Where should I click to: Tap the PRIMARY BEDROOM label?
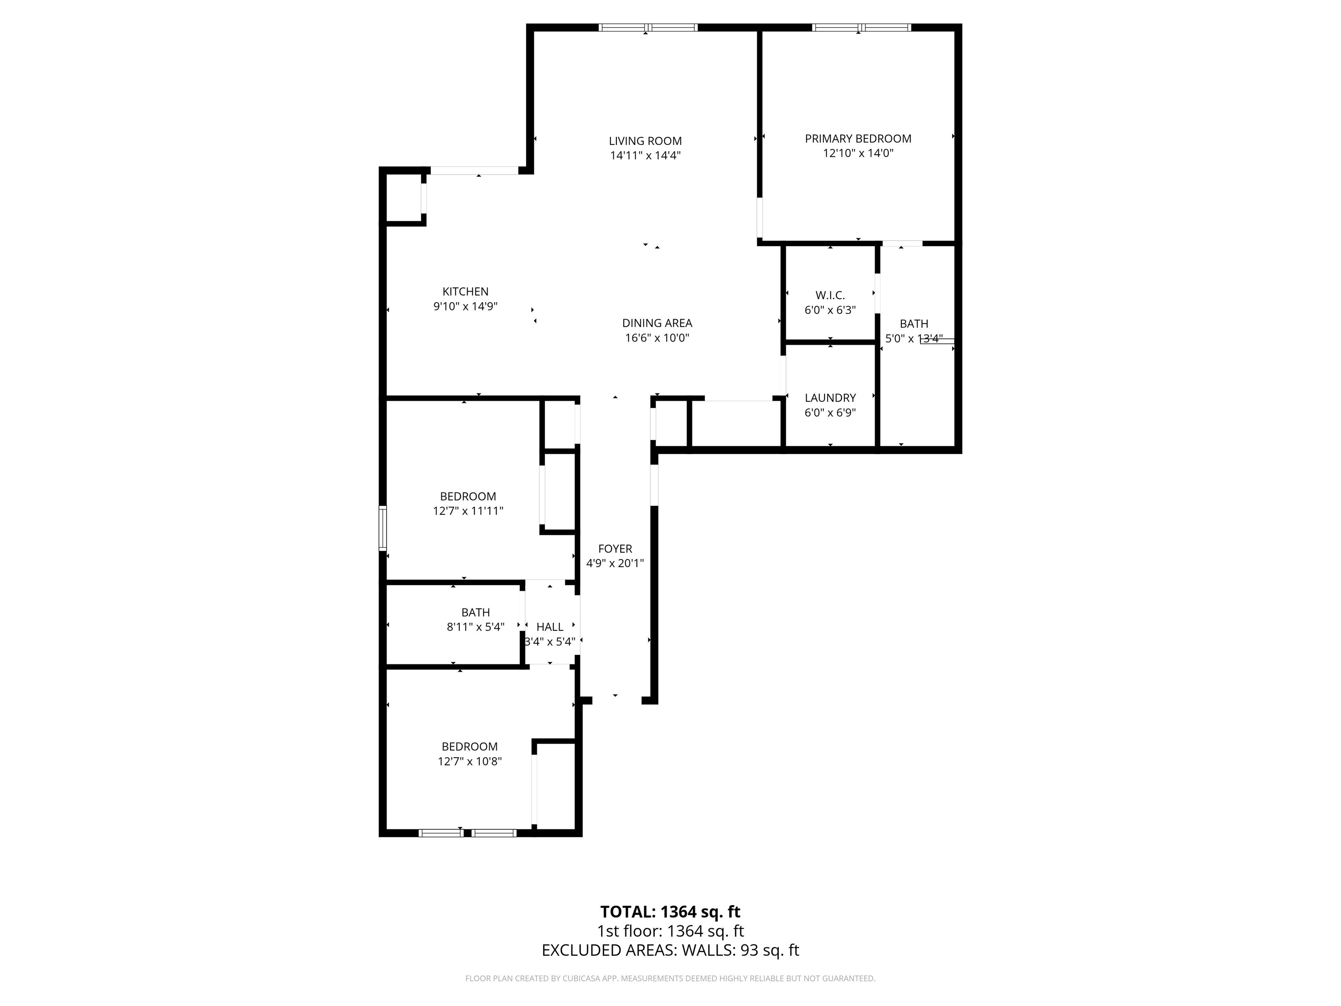[858, 139]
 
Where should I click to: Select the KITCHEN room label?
[465, 292]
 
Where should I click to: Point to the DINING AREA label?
[657, 323]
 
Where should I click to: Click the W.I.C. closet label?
[830, 295]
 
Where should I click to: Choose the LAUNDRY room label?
[830, 398]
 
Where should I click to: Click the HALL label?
[550, 627]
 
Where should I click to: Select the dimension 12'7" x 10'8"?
[470, 761]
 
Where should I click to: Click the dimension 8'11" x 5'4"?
[476, 627]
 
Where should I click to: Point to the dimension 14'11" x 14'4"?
[645, 156]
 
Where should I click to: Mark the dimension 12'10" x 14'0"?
[858, 153]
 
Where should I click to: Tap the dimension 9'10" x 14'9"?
[465, 306]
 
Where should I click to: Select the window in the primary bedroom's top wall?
[861, 27]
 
